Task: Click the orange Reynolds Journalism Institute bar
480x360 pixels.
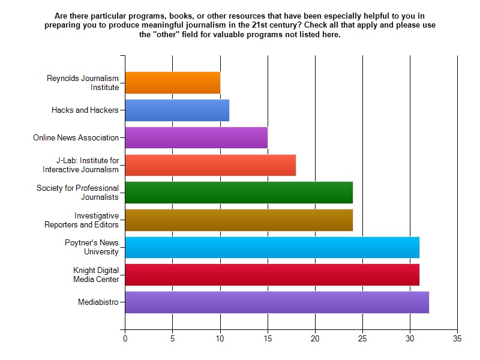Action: point(173,83)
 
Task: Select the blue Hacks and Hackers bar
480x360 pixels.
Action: point(177,110)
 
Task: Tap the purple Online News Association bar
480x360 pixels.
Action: point(197,137)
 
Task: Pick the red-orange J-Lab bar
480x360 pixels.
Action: point(211,165)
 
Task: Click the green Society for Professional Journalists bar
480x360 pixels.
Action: point(239,193)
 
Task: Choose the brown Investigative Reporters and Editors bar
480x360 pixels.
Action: point(239,220)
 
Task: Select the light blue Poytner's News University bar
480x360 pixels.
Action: point(272,247)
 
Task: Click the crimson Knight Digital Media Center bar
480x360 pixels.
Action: point(272,275)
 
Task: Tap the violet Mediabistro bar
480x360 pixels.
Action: point(277,302)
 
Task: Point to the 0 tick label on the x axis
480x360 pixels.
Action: point(125,338)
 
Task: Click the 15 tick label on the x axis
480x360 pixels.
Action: point(268,338)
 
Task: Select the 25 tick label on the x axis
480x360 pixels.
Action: point(362,338)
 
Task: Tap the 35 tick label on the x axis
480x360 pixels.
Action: point(457,338)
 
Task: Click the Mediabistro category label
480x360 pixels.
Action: point(98,302)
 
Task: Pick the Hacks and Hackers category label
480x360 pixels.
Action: point(85,110)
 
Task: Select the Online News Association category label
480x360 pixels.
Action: point(76,138)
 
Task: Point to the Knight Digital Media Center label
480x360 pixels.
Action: point(96,275)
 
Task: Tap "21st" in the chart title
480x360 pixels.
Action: point(260,25)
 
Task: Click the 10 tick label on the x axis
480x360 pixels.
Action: point(220,338)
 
